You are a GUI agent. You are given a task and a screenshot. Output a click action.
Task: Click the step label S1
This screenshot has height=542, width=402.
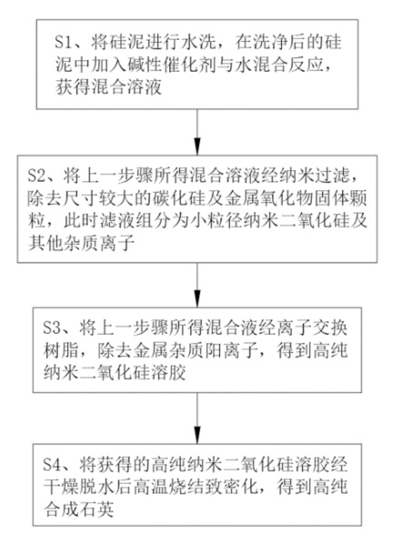point(64,43)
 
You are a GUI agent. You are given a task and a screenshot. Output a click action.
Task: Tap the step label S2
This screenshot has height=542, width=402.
point(36,176)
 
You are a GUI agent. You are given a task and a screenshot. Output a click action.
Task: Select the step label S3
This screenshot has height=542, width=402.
point(52,327)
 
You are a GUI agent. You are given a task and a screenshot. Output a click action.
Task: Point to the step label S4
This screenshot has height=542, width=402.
point(52,465)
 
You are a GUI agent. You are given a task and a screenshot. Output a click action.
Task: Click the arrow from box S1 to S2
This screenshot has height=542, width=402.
point(197,132)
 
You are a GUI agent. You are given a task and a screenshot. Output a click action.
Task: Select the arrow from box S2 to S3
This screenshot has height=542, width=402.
point(197,286)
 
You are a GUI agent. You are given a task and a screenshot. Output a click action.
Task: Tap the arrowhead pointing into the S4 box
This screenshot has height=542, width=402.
point(197,437)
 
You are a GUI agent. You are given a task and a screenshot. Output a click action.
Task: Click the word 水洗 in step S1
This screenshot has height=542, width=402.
point(199,43)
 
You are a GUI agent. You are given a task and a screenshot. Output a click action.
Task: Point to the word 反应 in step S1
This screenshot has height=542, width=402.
point(307,65)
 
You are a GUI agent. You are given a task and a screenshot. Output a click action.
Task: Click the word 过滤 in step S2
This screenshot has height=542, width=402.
point(335,176)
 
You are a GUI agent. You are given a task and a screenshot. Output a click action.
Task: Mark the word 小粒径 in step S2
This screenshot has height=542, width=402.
point(216,221)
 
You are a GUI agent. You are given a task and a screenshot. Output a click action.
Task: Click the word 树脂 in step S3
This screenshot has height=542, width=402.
point(61,350)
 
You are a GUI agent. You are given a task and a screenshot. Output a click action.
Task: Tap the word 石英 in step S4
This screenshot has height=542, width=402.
point(96,509)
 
